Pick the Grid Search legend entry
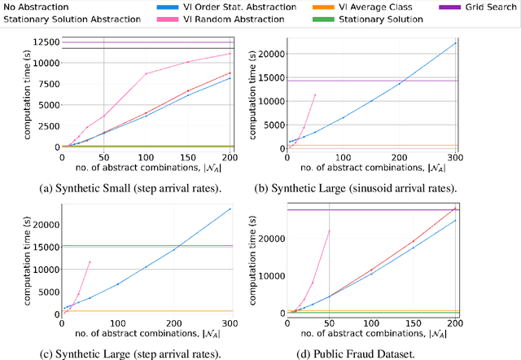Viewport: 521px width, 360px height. coord(484,7)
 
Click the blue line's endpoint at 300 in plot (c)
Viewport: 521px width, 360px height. coord(230,209)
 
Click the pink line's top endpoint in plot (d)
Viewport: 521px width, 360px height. coord(329,230)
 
